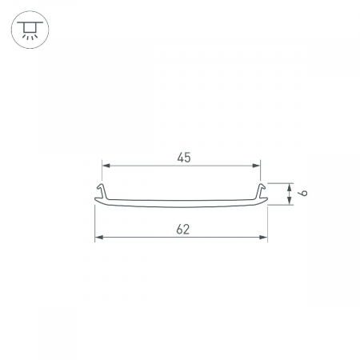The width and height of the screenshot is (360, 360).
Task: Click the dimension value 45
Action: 184,158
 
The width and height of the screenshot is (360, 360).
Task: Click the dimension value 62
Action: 183,230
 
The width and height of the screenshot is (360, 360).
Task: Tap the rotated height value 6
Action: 303,193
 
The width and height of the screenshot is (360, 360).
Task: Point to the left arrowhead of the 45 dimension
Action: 106,166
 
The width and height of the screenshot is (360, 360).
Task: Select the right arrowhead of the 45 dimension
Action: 256,166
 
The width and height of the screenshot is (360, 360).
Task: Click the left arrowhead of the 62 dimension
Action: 99,237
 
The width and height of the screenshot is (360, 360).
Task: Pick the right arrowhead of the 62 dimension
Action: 263,237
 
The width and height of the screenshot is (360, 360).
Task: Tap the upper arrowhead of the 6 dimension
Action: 289,187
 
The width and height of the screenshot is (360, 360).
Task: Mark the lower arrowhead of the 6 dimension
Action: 289,201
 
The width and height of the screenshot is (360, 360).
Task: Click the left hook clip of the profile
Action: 102,190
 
